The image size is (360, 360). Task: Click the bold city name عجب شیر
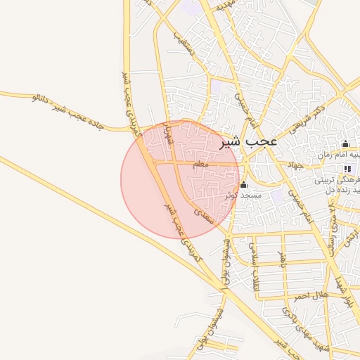click(x=249, y=141)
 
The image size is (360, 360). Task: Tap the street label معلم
click(x=201, y=165)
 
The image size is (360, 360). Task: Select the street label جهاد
click(x=295, y=165)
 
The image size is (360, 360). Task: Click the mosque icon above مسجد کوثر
click(x=244, y=184)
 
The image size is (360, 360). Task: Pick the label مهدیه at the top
click(x=226, y=5)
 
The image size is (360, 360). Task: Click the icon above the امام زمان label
click(x=345, y=144)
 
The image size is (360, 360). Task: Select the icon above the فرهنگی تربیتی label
click(x=347, y=169)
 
